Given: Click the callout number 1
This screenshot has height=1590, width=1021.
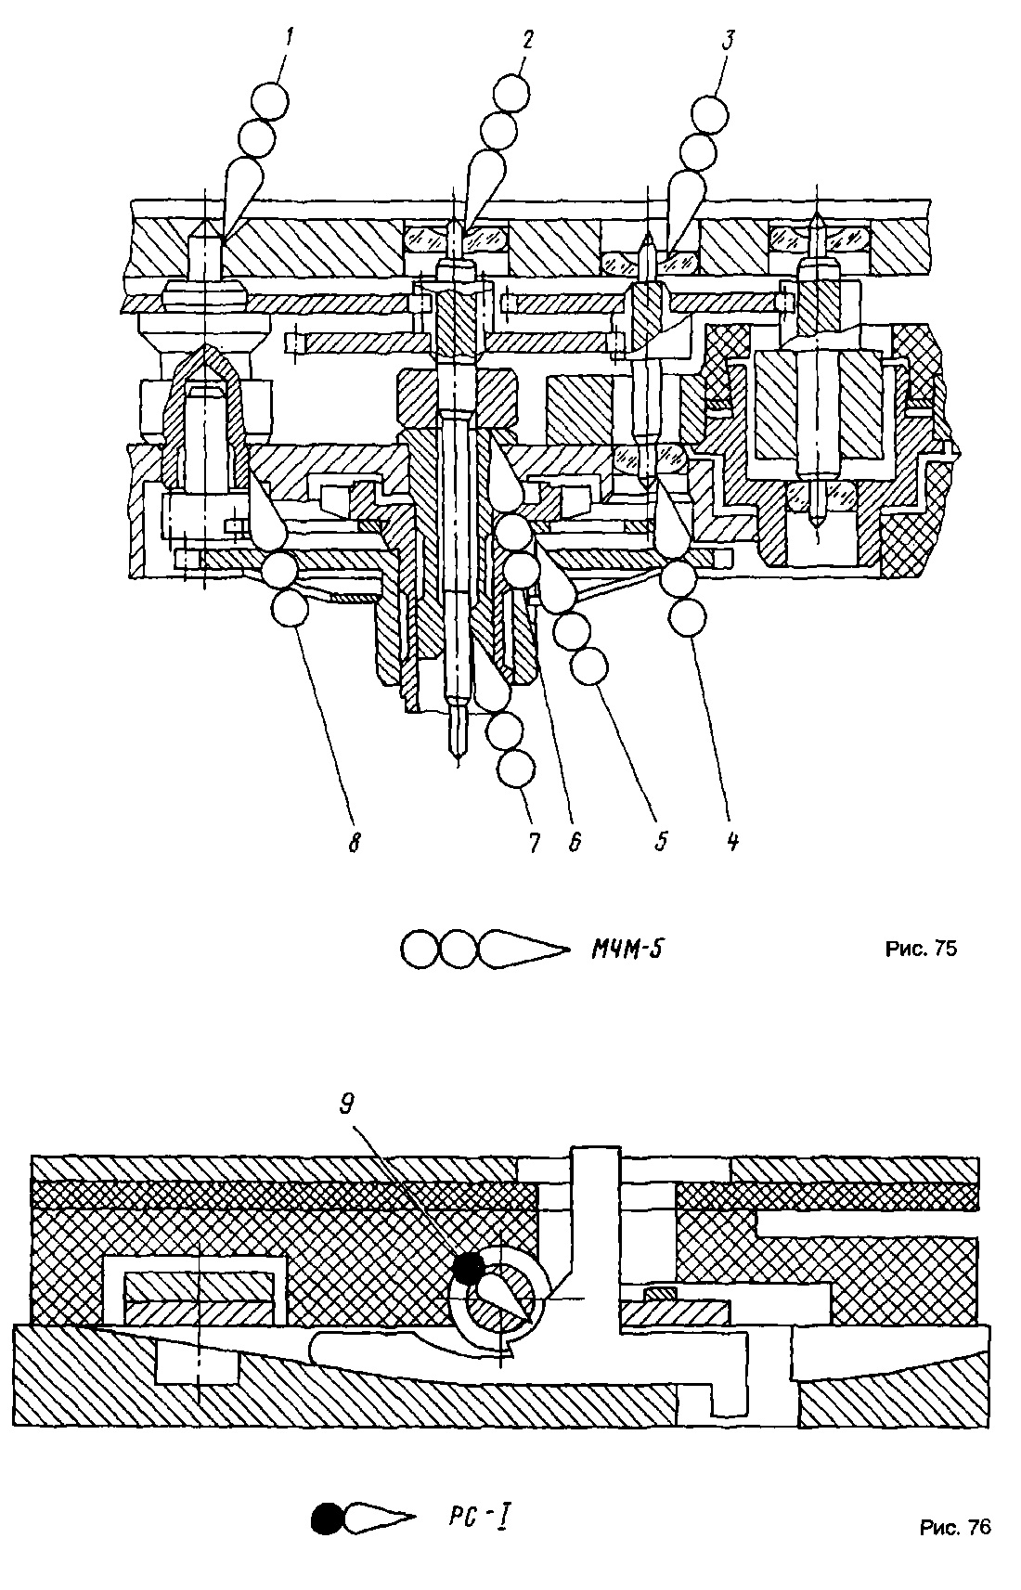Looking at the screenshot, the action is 289,40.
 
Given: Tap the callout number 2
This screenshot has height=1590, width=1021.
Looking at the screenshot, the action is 527,41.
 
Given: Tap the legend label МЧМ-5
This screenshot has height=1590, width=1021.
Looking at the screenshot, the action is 627,949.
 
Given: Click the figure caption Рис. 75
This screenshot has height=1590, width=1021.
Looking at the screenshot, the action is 921,949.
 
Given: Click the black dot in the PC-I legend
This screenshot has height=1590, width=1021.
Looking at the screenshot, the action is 328,1519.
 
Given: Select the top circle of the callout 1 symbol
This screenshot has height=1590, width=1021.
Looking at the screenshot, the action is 270,102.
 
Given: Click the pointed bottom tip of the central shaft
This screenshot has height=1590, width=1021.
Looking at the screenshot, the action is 457,765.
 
